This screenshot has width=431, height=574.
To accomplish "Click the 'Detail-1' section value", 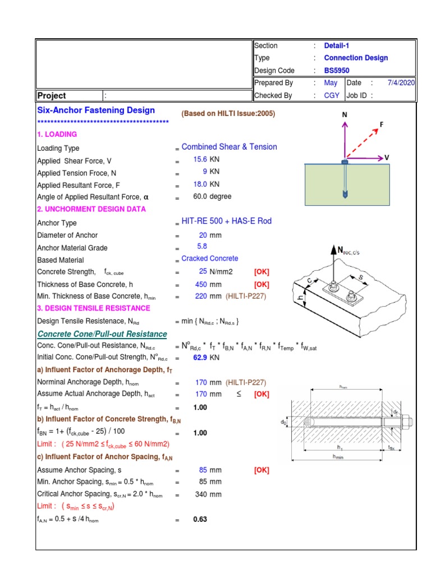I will (x=337, y=45).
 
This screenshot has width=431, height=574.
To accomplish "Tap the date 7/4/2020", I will (x=401, y=83).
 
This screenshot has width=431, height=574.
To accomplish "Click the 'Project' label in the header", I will (x=52, y=96).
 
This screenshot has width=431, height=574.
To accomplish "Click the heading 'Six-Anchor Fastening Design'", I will (x=96, y=110).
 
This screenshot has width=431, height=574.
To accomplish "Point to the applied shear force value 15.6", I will (x=200, y=160).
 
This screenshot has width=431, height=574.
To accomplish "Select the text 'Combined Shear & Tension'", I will (x=229, y=147).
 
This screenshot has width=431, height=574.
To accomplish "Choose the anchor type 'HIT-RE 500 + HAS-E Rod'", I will (x=226, y=221).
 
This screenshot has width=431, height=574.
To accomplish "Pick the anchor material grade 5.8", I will (x=202, y=247).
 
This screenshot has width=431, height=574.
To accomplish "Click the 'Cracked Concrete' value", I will (x=209, y=258).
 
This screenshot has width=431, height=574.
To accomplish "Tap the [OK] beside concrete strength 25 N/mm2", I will (x=262, y=272).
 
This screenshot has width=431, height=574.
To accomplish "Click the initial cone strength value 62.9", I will (x=200, y=357).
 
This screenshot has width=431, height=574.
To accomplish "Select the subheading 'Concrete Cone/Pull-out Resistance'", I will (x=102, y=334).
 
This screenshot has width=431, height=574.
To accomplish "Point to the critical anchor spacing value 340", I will (x=201, y=494).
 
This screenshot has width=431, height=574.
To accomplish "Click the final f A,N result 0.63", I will (x=200, y=520).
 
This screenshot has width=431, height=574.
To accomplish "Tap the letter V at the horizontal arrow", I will (x=387, y=158).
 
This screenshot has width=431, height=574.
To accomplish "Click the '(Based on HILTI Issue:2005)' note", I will (x=228, y=113).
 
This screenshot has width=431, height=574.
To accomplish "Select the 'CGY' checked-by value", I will (x=332, y=95).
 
